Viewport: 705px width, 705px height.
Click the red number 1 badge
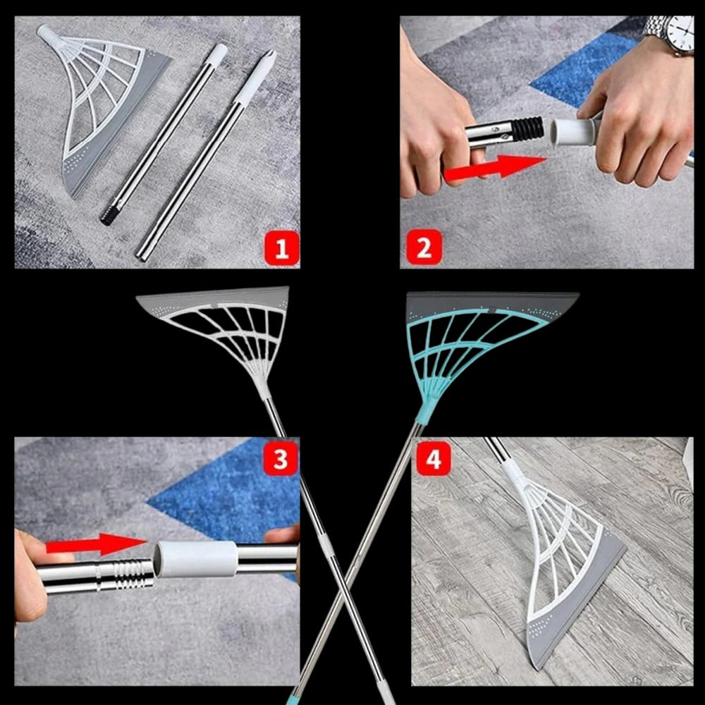coord(281,248)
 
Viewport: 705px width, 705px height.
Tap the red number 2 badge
coord(424,248)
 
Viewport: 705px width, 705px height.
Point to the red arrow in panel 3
coord(96,544)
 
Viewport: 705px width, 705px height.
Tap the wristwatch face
coord(681,31)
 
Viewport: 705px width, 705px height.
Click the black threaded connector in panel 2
coord(527,128)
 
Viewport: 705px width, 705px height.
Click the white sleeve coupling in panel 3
coord(195,559)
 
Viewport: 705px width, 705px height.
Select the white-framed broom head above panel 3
coord(226,324)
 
